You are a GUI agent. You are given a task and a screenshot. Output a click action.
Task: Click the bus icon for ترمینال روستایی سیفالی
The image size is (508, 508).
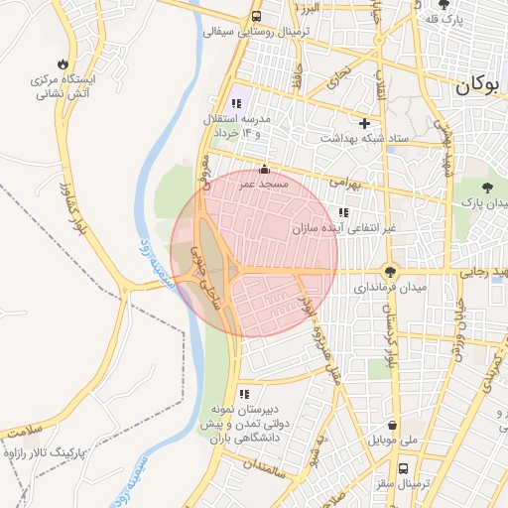point(257,17)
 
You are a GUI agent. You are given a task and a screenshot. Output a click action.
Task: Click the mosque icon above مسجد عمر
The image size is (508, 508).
point(263,170)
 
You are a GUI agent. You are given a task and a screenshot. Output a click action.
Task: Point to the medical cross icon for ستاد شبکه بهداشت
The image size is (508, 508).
point(365,124)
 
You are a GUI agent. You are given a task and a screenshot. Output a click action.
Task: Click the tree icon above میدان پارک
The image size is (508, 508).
point(487,187)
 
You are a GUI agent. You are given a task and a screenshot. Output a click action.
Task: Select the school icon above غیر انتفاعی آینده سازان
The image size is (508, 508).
point(343,212)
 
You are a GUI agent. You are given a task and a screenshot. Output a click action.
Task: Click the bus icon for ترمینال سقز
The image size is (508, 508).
point(403,467)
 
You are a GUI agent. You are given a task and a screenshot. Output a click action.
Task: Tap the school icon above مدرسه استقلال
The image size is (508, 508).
point(236,103)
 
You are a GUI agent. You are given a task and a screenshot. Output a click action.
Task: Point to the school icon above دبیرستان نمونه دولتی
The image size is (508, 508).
point(244,394)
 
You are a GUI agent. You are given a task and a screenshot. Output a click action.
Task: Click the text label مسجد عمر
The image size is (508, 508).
point(264,185)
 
